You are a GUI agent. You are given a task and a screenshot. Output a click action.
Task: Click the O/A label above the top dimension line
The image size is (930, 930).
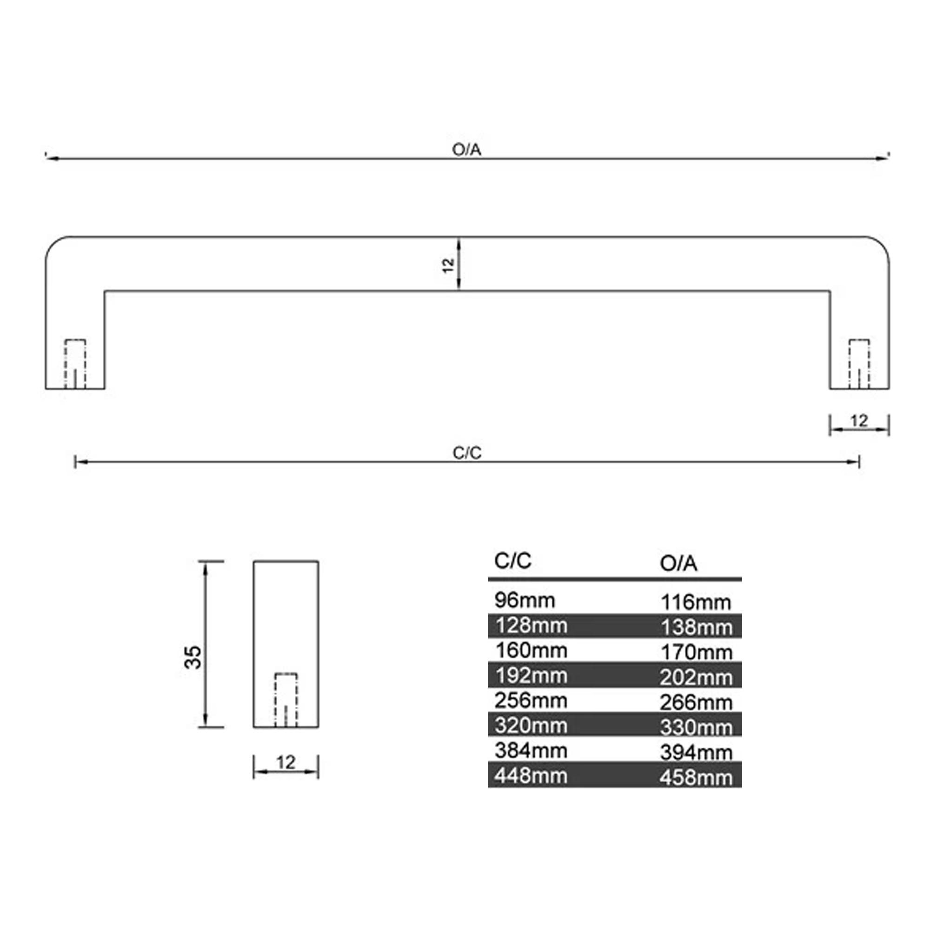point(466,150)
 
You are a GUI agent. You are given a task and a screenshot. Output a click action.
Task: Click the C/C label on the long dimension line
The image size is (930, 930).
point(467,453)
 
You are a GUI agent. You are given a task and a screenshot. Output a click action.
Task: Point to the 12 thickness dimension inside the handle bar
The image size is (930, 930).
point(448,265)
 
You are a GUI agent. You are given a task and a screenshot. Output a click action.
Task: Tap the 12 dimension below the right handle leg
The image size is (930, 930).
point(859,421)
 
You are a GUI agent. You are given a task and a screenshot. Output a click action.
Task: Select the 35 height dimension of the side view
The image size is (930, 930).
point(193,657)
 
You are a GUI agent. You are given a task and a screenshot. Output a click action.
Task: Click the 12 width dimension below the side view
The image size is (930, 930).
point(286,763)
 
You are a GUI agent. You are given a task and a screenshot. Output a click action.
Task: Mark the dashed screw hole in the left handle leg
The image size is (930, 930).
point(75,364)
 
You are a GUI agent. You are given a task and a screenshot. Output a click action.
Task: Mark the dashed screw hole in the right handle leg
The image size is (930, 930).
point(859,364)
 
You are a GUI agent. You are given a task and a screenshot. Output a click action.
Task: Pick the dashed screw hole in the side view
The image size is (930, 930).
point(286,700)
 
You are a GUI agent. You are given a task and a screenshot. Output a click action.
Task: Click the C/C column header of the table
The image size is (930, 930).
point(512,561)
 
